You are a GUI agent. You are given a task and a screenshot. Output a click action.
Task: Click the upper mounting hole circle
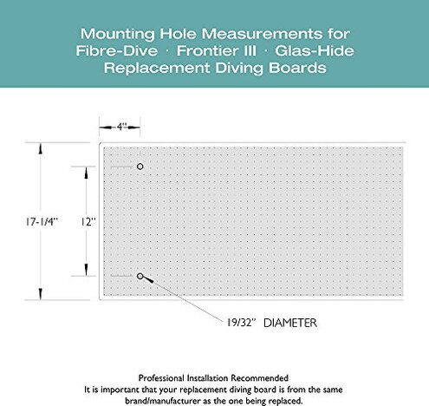tap(140, 166)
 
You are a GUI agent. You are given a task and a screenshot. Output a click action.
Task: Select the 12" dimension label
tap(88, 222)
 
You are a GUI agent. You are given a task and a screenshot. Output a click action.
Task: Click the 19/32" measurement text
tap(231, 323)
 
